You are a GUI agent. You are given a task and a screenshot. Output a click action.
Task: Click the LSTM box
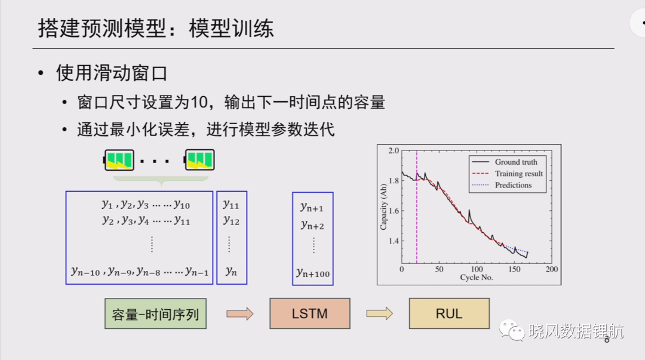[x=310, y=313]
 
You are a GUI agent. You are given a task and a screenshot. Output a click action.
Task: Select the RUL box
[x=449, y=313]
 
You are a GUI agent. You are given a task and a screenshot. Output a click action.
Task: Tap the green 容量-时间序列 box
[x=155, y=313]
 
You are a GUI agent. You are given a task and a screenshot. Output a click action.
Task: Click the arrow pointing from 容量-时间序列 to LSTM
[x=240, y=314]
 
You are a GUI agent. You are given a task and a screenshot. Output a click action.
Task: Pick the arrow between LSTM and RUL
[x=379, y=314]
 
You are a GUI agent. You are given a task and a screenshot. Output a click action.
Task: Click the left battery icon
[x=118, y=160]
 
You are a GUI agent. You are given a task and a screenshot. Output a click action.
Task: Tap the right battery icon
[x=199, y=160]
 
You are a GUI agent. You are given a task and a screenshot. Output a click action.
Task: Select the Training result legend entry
[x=508, y=174]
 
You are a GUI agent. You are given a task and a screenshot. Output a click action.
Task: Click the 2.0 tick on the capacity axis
[x=394, y=150]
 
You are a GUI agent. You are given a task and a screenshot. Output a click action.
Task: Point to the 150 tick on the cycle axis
[x=514, y=269]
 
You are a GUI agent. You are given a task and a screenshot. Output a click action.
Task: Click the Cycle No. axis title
[x=477, y=277]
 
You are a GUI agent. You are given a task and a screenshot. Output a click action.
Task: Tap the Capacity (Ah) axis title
[x=383, y=207]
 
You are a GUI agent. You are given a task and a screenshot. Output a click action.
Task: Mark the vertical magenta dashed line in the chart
[x=417, y=207]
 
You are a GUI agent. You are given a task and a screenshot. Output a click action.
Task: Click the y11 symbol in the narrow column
[x=231, y=205]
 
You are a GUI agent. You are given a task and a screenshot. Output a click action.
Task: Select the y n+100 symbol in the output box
[x=313, y=273]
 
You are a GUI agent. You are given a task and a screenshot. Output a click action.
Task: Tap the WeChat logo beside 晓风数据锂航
[x=512, y=330]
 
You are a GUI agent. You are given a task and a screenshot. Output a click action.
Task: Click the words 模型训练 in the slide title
[x=231, y=29]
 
